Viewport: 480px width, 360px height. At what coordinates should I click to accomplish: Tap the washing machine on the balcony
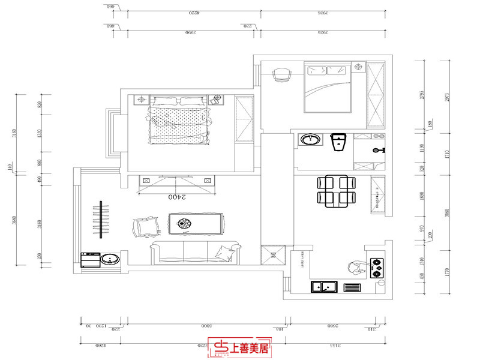(x=90, y=259)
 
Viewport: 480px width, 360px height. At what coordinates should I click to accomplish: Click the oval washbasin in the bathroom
(x=310, y=140)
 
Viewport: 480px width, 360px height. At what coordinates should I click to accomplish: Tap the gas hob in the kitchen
(x=377, y=268)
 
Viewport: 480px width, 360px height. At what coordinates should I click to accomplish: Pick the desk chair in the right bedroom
(x=282, y=74)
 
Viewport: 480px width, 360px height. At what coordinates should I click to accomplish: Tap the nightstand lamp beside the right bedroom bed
(x=359, y=67)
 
